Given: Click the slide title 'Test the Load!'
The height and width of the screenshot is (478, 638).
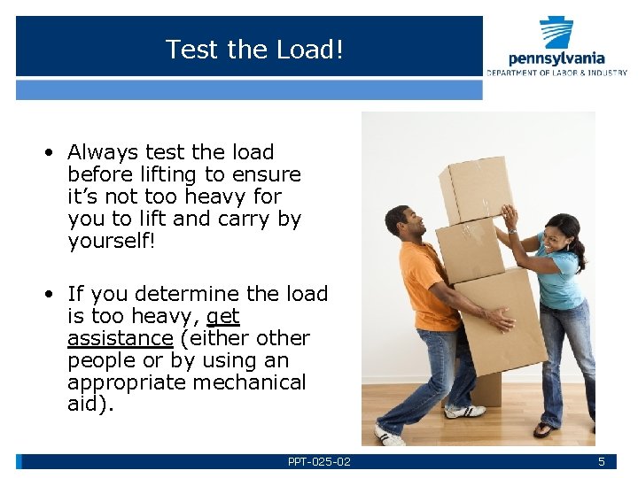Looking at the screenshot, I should click(253, 50).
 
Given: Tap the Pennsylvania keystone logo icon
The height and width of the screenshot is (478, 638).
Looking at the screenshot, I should click(556, 33).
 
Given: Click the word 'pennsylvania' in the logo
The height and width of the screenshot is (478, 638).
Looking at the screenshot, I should click(556, 59).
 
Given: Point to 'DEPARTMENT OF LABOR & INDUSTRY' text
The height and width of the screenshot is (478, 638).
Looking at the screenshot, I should click(556, 73).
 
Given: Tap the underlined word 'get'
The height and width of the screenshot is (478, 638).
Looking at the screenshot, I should click(222, 316).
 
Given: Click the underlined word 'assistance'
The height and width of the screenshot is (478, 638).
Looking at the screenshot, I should click(120, 338).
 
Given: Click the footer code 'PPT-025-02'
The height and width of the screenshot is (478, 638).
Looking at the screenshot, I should click(319, 462).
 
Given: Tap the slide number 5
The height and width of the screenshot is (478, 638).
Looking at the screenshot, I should click(601, 462).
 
